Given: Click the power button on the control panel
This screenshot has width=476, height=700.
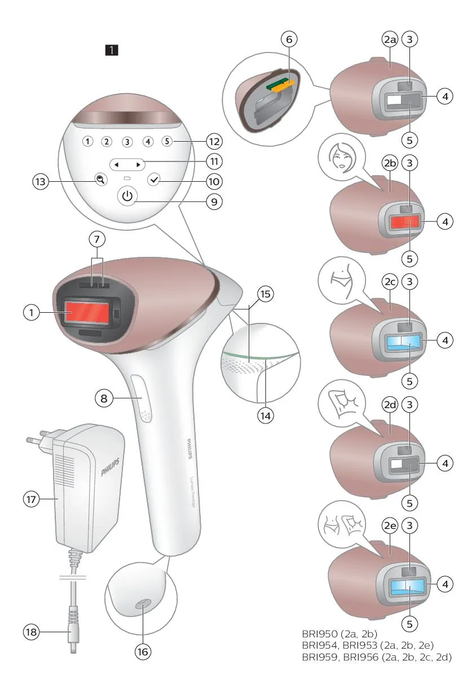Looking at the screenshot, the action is (x=127, y=196).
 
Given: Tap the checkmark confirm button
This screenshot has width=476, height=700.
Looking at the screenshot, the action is (x=154, y=180).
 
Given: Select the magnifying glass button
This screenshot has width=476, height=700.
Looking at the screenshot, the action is (x=101, y=180).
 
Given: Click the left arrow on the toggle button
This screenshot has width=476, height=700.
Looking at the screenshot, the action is (x=116, y=165).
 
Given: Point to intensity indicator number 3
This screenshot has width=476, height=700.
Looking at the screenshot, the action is (x=127, y=142).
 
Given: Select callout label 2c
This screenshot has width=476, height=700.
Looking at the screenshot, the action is (x=390, y=282).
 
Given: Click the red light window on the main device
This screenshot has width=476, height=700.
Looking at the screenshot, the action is (x=87, y=313).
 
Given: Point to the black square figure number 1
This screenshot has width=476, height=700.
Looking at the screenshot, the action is (x=112, y=50).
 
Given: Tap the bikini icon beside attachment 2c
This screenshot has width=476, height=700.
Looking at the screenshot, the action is (x=342, y=279).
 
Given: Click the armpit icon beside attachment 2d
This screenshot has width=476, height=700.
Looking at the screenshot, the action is (x=343, y=403).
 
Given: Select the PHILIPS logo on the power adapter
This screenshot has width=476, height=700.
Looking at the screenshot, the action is (x=110, y=467).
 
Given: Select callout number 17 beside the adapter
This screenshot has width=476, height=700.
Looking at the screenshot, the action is (x=32, y=499).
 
